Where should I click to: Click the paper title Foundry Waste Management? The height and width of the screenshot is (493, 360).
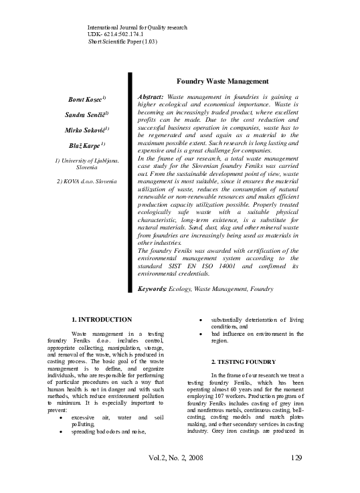click(217, 81)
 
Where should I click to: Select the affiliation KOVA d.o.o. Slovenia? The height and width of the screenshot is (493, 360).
click(86, 181)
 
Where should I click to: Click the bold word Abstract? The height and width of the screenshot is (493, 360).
click(150, 97)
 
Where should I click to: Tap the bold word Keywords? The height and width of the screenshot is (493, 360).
click(151, 288)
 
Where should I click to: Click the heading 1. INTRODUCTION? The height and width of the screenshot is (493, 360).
click(102, 319)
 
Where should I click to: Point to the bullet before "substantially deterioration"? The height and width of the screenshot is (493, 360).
click(201, 319)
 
